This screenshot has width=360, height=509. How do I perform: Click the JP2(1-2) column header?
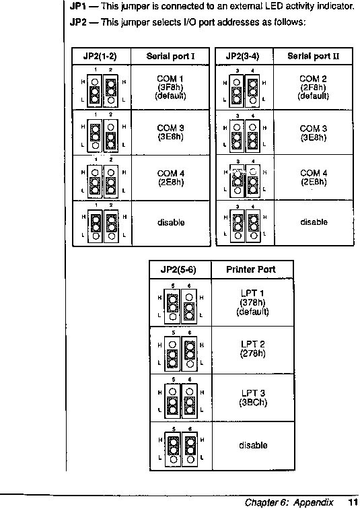pos(100,56)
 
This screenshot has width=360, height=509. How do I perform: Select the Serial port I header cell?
pos(170,56)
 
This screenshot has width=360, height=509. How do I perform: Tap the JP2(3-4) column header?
pos(242,56)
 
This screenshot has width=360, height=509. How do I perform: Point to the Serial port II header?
pos(314,56)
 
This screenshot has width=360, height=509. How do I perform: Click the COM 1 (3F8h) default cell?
pos(171,88)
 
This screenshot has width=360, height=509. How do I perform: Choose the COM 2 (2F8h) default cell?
pos(314,88)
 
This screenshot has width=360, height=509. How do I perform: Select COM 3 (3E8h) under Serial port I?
pos(171,132)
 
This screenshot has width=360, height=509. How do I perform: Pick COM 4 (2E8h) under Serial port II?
pos(314,177)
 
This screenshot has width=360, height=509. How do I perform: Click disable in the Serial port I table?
pos(171,223)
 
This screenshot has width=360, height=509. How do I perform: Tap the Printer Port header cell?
pos(251,269)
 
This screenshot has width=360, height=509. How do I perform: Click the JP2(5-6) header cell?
pos(178,270)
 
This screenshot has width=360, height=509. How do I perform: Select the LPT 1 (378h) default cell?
pos(252,302)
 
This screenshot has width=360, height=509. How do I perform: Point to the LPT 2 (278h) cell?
pos(253,349)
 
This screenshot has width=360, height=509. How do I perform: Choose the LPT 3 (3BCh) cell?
pos(253,398)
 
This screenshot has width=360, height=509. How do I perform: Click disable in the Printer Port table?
pos(253,446)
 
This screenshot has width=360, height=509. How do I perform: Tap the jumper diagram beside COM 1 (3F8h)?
pos(103,88)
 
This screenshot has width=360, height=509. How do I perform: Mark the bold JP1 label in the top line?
pos(77,6)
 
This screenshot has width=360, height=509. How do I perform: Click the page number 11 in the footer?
pos(353,502)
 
